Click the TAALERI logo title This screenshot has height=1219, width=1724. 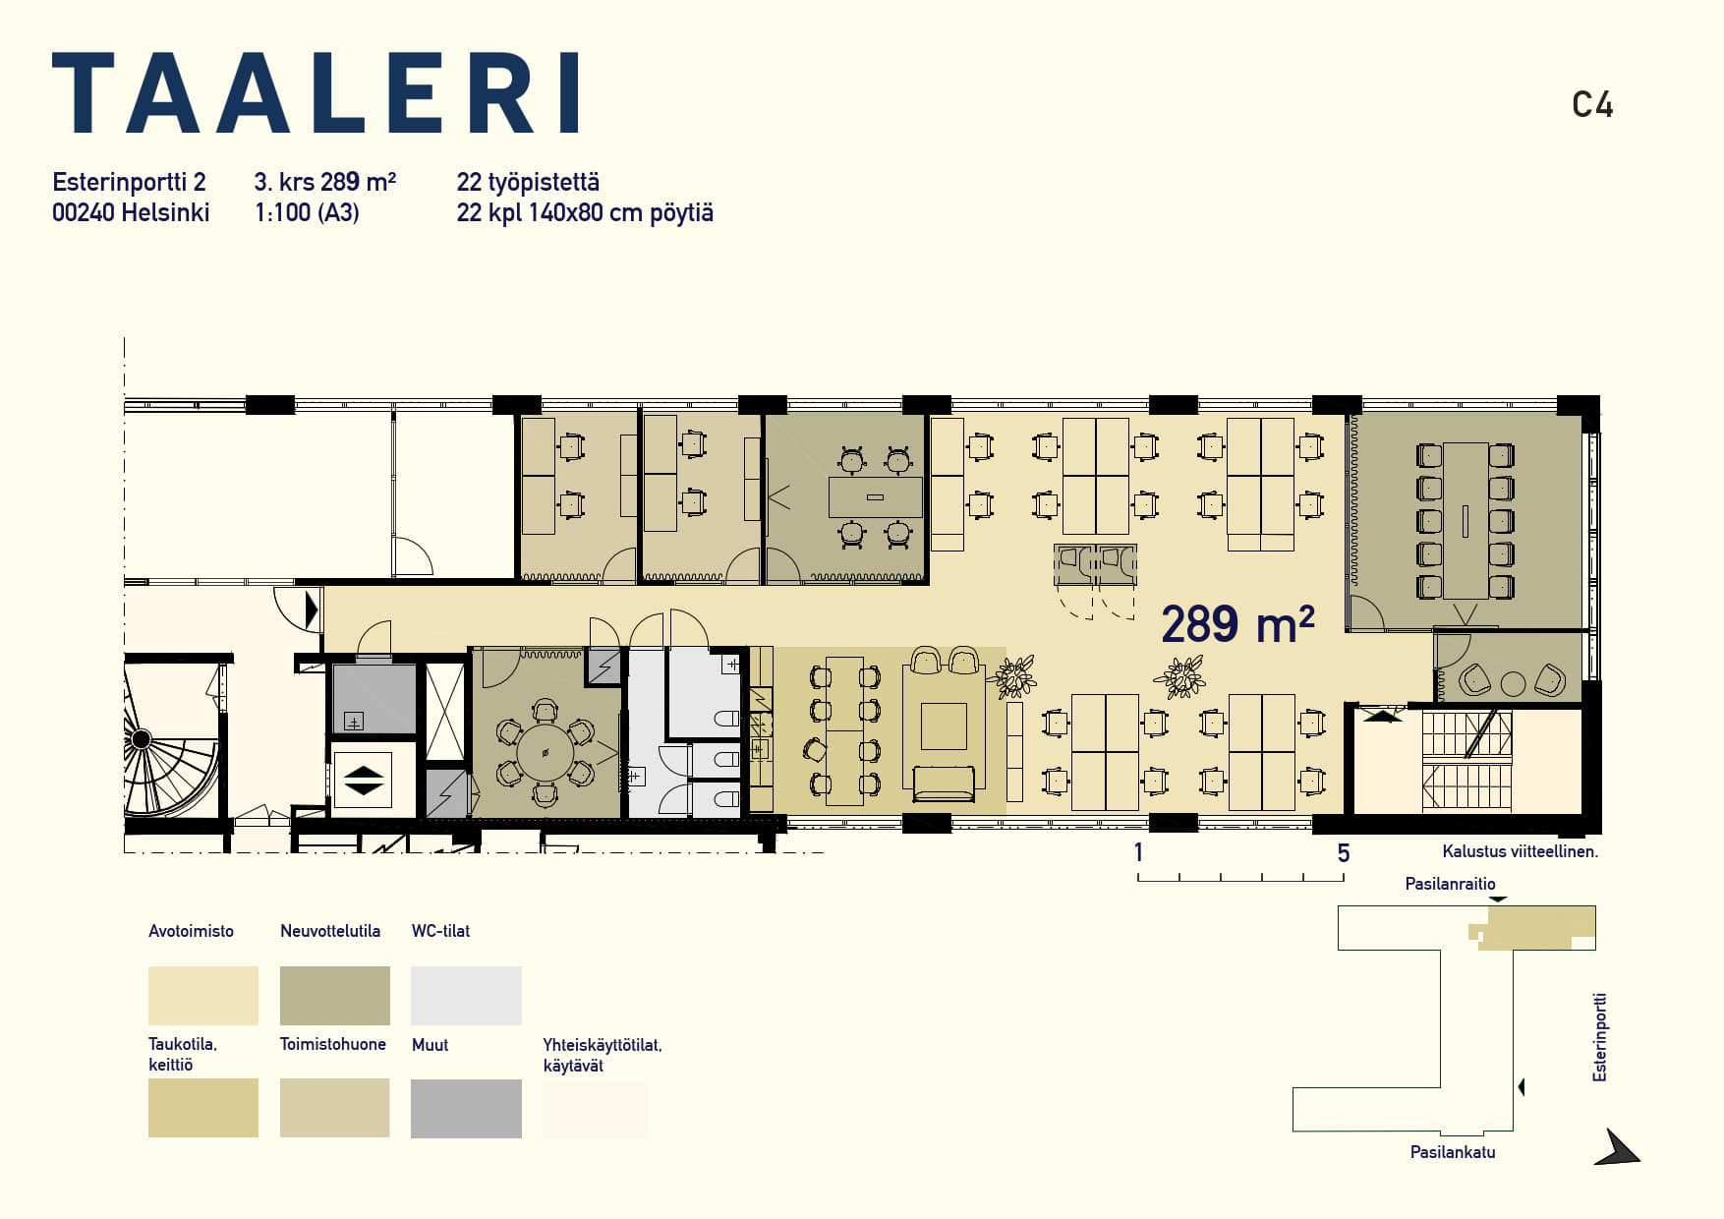coord(316,92)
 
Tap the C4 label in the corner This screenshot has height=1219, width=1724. coord(1592,105)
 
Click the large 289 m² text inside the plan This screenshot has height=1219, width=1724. coord(1237,623)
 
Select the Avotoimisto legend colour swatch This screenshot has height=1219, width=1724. coord(203,996)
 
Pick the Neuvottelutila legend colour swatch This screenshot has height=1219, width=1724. coord(335,996)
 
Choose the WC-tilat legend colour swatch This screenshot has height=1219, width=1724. coord(466,996)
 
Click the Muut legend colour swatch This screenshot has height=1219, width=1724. coord(466,1109)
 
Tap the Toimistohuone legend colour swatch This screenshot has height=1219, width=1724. coord(335,1108)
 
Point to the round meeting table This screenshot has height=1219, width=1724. coord(545,753)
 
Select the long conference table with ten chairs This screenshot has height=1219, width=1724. coord(1465,521)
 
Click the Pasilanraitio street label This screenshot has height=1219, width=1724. coord(1450,884)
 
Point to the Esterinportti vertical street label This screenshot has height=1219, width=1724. coord(1600,1038)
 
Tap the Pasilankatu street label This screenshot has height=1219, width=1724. coord(1453,1152)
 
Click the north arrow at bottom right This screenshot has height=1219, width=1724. coord(1617,1148)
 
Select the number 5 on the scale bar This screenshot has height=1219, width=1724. coord(1344,853)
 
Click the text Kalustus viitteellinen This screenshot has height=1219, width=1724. coord(1520,851)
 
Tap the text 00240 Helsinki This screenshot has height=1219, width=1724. coord(131,212)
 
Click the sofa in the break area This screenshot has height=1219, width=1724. coord(944,784)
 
